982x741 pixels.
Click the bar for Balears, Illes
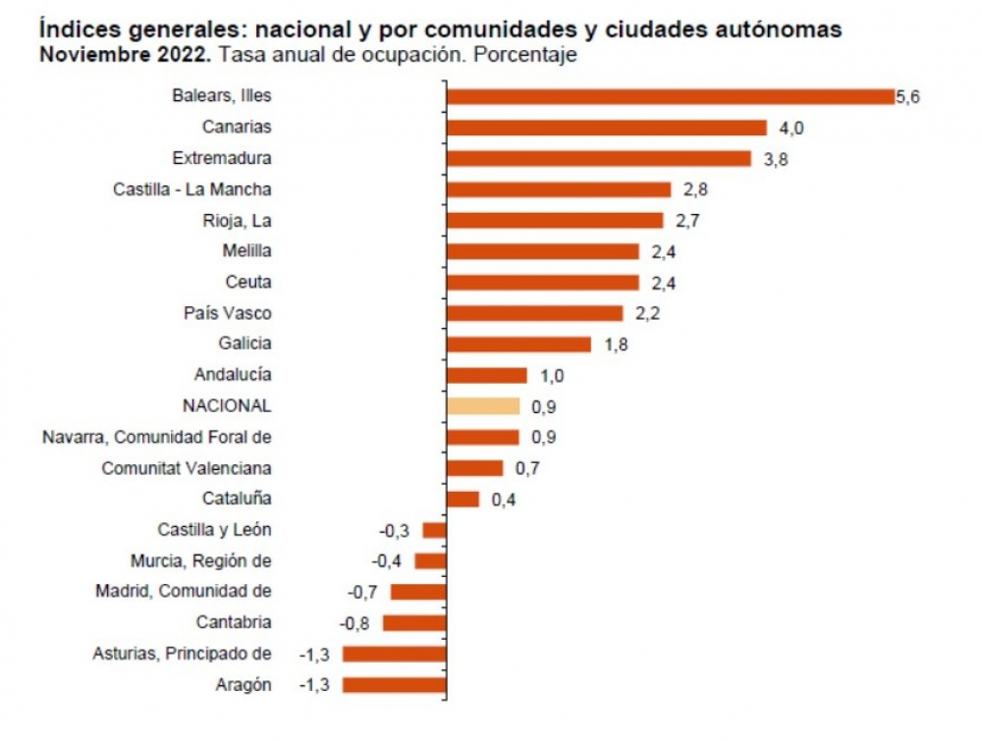pyautogui.click(x=670, y=96)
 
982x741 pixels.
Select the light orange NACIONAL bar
pyautogui.click(x=482, y=406)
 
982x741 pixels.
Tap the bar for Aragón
pyautogui.click(x=394, y=685)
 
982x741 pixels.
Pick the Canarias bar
pyautogui.click(x=606, y=128)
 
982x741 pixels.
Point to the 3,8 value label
pyautogui.click(x=776, y=159)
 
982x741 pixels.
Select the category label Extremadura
pyautogui.click(x=222, y=158)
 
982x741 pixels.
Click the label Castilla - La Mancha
pyautogui.click(x=192, y=189)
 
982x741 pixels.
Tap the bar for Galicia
pyautogui.click(x=518, y=344)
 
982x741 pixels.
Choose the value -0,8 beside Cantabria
pyautogui.click(x=354, y=623)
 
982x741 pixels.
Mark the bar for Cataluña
pyautogui.click(x=463, y=499)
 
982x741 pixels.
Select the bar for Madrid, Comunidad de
pyautogui.click(x=418, y=592)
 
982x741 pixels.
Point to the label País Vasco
pyautogui.click(x=228, y=313)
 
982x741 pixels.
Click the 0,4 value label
pyautogui.click(x=503, y=500)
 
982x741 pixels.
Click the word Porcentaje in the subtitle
pyautogui.click(x=524, y=55)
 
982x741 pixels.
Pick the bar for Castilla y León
pyautogui.click(x=434, y=530)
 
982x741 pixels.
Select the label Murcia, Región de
pyautogui.click(x=200, y=560)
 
